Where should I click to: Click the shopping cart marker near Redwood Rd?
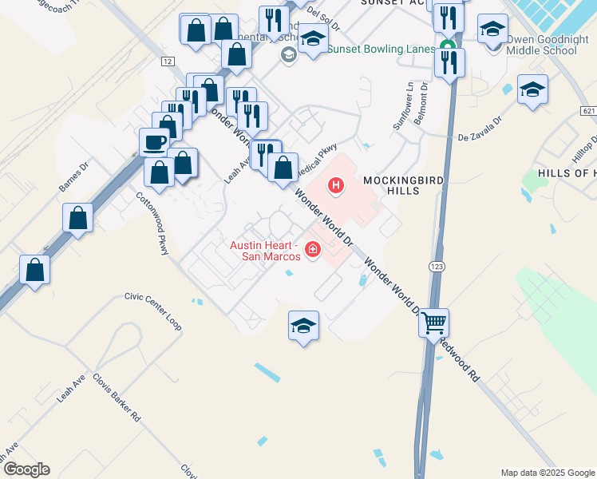(x=433, y=323)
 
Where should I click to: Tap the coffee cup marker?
(x=155, y=143)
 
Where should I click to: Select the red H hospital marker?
(x=337, y=187)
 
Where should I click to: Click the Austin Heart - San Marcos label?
(x=265, y=251)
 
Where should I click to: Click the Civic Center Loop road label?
(x=152, y=311)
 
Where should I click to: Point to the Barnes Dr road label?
(x=71, y=179)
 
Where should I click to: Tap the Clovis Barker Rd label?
(x=117, y=398)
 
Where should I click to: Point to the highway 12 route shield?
(x=166, y=61)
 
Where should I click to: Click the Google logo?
(x=26, y=469)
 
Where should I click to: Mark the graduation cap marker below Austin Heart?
(x=303, y=325)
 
